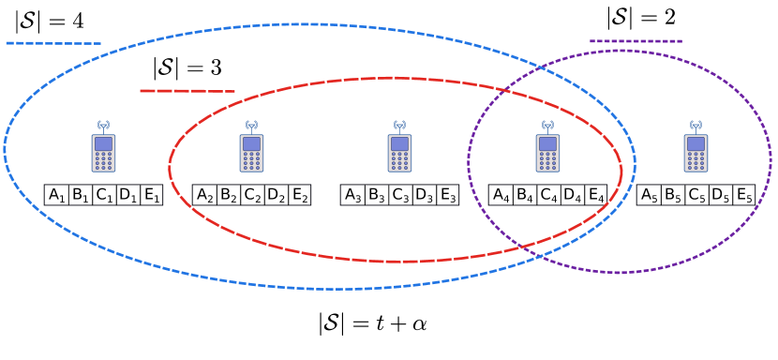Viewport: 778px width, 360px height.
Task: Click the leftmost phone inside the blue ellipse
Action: tap(103, 153)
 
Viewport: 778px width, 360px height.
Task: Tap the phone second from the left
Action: tap(251, 153)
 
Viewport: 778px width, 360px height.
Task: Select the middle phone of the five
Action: tap(399, 153)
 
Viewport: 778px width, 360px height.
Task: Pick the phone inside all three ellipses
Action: tap(547, 153)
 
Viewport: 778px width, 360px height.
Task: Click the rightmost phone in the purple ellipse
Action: tap(696, 153)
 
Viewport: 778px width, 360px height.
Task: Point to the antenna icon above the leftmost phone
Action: tap(103, 125)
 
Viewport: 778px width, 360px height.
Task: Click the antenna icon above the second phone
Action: tap(251, 125)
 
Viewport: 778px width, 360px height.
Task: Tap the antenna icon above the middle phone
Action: tap(399, 125)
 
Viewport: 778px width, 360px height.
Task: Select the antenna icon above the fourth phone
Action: tap(547, 125)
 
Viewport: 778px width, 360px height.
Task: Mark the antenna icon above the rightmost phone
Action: tap(696, 125)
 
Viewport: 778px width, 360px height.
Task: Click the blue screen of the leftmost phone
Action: tap(103, 144)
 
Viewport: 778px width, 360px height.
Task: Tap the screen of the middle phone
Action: tap(399, 144)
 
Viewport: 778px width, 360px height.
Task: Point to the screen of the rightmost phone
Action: tap(696, 144)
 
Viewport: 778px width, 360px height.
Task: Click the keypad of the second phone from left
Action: tap(251, 161)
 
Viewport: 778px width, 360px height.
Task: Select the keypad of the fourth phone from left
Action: tap(547, 161)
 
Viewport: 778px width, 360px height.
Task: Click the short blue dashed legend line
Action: tap(53, 43)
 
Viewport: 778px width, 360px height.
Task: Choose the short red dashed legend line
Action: tap(187, 91)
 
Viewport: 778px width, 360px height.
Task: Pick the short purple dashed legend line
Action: tap(636, 41)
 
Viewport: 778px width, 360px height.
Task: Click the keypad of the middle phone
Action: tap(399, 161)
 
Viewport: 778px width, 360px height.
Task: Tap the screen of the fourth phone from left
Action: tap(547, 144)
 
